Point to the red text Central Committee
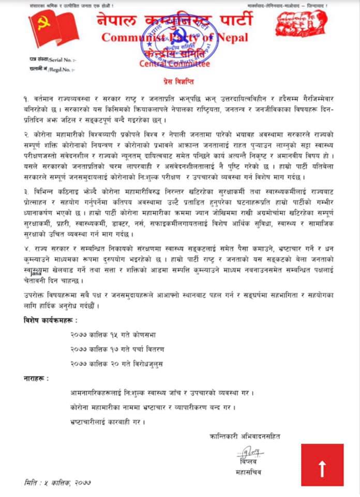175,64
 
